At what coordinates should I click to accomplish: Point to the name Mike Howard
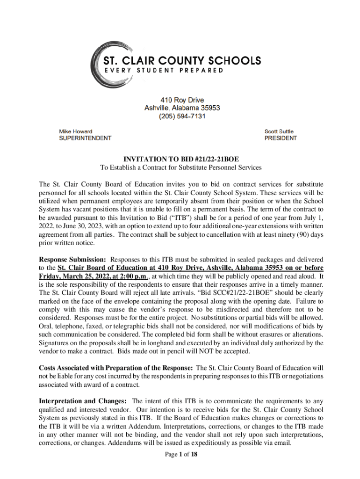(75, 131)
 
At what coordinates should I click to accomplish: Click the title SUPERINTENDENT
(85, 138)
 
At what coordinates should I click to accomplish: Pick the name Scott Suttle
(279, 131)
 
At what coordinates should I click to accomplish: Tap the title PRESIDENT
(281, 138)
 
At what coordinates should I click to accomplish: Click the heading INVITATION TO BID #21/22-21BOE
(181, 159)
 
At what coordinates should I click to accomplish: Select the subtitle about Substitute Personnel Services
(181, 167)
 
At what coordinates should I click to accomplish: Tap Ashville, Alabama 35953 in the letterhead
(182, 108)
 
